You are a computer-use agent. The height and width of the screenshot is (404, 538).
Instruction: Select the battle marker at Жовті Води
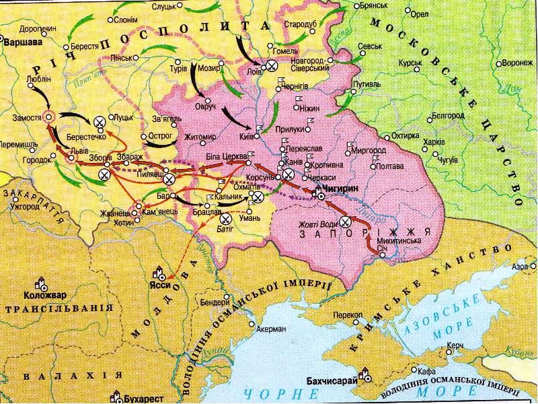(346, 222)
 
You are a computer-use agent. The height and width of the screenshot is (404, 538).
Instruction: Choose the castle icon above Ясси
(160, 273)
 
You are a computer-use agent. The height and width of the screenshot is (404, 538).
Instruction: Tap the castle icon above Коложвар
(42, 283)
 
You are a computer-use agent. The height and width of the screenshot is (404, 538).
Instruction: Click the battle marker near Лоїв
(270, 65)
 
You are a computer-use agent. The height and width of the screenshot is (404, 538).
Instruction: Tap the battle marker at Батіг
(227, 218)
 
